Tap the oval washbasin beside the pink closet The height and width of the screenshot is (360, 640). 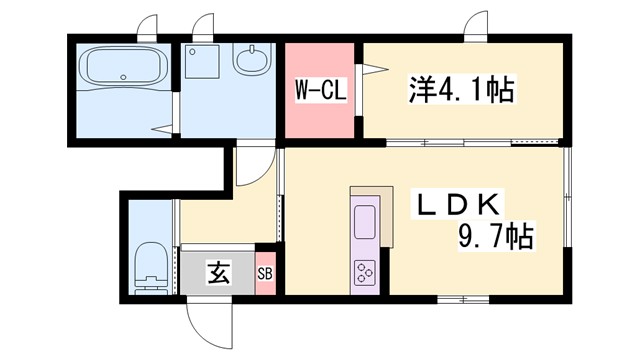[252, 61]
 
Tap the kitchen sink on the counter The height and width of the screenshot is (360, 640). [363, 221]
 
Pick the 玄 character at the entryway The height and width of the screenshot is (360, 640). [216, 271]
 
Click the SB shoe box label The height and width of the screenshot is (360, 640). [266, 272]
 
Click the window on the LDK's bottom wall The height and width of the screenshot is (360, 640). [464, 299]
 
